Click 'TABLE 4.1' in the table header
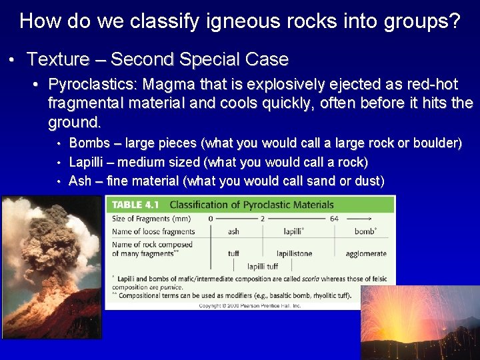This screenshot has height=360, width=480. (136, 204)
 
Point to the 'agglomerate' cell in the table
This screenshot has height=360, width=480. (365, 253)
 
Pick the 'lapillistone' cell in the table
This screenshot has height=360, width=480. (294, 253)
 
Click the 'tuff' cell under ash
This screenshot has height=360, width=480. (233, 253)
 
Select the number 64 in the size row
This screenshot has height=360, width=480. (334, 219)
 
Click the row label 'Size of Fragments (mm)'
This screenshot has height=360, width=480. (151, 219)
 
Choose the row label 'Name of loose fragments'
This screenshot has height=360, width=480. (153, 231)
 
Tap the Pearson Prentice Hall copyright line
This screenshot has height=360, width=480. (250, 305)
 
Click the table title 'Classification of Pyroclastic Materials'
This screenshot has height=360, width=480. (251, 204)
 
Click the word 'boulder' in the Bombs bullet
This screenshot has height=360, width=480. (436, 143)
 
